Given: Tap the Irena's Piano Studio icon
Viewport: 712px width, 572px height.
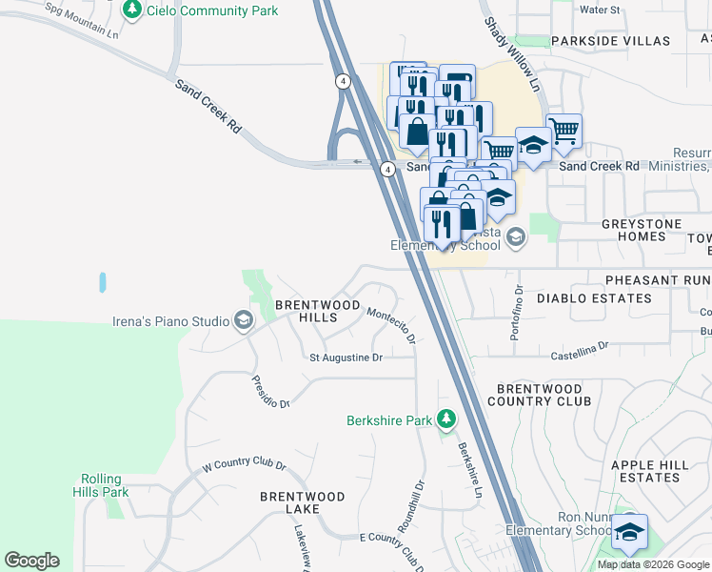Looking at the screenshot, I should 244,320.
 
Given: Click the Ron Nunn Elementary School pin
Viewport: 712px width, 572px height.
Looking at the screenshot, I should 629,531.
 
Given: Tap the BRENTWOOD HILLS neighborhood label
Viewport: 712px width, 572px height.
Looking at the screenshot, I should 317,305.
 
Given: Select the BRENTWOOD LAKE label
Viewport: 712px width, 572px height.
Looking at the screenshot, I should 303,504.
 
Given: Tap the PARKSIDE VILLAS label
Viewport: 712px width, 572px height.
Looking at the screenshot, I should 610,41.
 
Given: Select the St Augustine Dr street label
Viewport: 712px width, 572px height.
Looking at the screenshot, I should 346,357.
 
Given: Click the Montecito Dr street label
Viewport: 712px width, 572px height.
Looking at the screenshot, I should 392,325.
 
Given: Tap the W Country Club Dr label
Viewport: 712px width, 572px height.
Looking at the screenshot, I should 244,467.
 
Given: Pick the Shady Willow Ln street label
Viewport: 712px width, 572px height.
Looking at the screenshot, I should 511,53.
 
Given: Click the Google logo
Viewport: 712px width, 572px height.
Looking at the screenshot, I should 32,561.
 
